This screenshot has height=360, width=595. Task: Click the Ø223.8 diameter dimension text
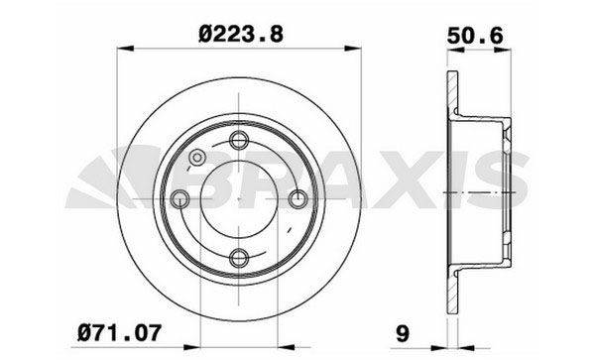[241, 33]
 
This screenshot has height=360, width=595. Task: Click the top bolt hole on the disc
[239, 140]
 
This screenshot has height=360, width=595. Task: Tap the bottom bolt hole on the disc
[239, 260]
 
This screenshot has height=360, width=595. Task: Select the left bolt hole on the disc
[179, 200]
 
